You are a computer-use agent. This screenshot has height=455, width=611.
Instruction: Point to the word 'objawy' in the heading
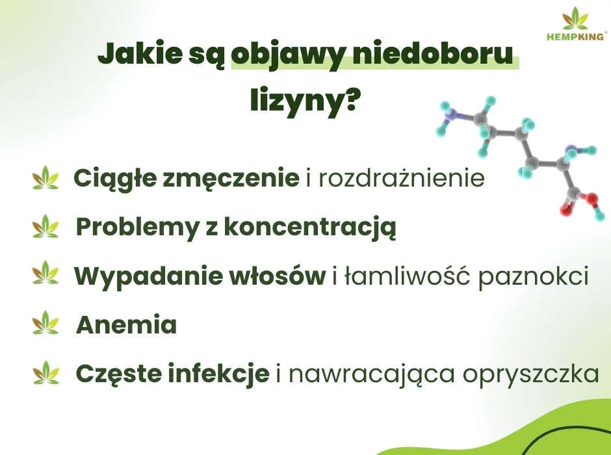299,55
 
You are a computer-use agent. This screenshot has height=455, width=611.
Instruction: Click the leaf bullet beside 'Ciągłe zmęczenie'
45,178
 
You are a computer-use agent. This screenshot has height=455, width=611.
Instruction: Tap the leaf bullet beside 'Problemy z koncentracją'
45,227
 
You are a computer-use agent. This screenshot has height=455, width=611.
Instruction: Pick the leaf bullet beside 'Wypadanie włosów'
45,274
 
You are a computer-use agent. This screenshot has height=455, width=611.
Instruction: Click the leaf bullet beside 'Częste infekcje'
45,373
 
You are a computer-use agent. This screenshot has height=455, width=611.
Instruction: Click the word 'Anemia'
127,325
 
